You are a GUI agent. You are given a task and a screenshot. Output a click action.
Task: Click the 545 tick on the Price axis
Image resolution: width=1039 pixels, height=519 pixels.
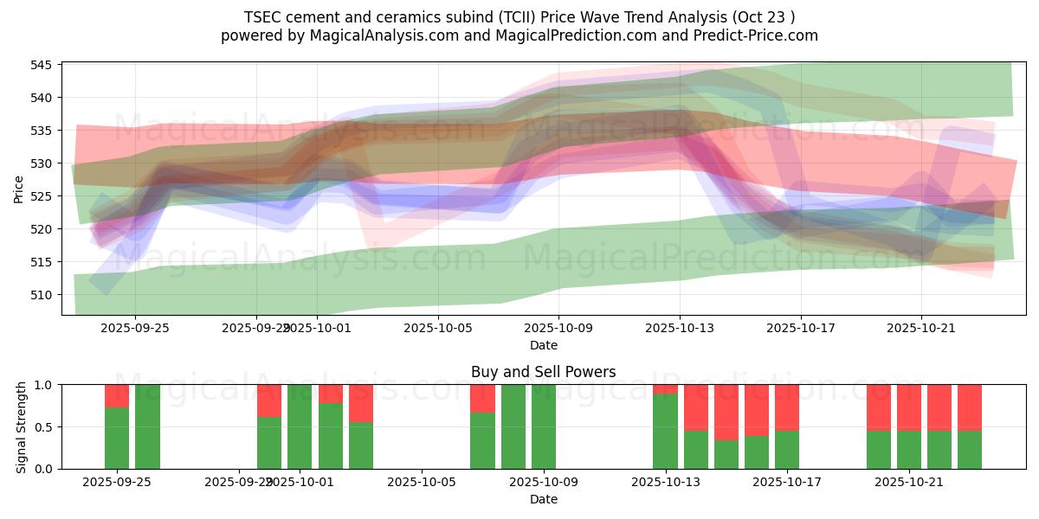[x=42, y=65]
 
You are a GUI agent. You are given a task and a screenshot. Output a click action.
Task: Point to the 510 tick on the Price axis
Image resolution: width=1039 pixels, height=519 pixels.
[x=42, y=295]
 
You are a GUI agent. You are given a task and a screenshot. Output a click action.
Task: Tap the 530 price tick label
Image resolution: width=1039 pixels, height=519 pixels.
[x=42, y=163]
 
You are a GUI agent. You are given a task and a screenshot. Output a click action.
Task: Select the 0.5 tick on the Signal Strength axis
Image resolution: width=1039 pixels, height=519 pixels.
[x=43, y=426]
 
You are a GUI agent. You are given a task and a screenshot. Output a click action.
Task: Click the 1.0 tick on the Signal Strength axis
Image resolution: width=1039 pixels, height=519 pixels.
[x=43, y=384]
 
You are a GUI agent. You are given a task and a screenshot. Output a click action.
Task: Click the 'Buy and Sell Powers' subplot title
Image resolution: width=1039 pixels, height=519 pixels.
[x=543, y=372]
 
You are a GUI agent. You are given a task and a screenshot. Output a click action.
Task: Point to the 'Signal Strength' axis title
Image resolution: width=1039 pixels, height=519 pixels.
[x=22, y=426]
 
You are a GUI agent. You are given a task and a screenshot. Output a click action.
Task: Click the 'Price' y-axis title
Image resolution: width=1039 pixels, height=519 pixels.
[x=19, y=189]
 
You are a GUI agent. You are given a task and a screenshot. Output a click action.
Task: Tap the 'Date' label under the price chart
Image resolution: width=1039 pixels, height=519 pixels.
[x=543, y=345]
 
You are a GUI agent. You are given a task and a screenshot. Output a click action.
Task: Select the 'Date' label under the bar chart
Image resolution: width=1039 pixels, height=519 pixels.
[x=543, y=499]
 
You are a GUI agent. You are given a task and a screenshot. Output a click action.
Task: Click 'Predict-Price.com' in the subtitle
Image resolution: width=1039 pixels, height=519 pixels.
[x=752, y=35]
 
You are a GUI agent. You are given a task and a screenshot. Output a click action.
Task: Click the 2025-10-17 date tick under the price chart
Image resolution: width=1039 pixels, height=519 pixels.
[x=800, y=329]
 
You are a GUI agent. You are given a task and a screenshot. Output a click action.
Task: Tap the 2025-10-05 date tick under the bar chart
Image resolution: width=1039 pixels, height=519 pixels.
[x=422, y=483]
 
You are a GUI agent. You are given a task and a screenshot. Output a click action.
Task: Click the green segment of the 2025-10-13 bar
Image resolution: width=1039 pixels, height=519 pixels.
[x=666, y=432]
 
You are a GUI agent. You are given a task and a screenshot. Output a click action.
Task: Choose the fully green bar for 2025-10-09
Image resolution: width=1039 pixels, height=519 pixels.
[x=544, y=426]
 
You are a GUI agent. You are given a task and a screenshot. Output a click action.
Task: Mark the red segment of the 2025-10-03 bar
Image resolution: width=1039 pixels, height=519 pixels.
[x=361, y=403]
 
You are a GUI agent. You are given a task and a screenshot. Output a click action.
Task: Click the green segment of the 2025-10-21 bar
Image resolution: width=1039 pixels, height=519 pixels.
[x=909, y=450]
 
